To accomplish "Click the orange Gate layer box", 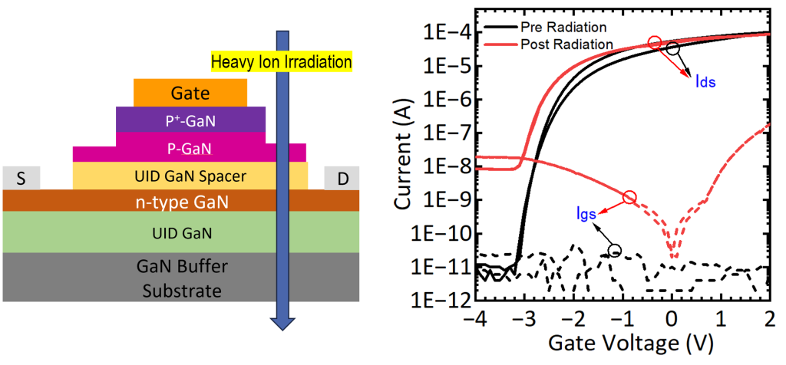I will point(190,93).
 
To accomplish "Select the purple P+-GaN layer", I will point(190,120).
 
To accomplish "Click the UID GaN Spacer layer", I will point(190,176).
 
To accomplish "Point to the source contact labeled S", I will point(21,178).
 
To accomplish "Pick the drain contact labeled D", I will point(342,178).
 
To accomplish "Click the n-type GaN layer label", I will point(181,202).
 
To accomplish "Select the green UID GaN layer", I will point(181,232).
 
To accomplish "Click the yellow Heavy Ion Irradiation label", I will point(281,61).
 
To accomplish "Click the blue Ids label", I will point(705,81).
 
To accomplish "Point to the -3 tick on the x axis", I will point(526,317).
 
